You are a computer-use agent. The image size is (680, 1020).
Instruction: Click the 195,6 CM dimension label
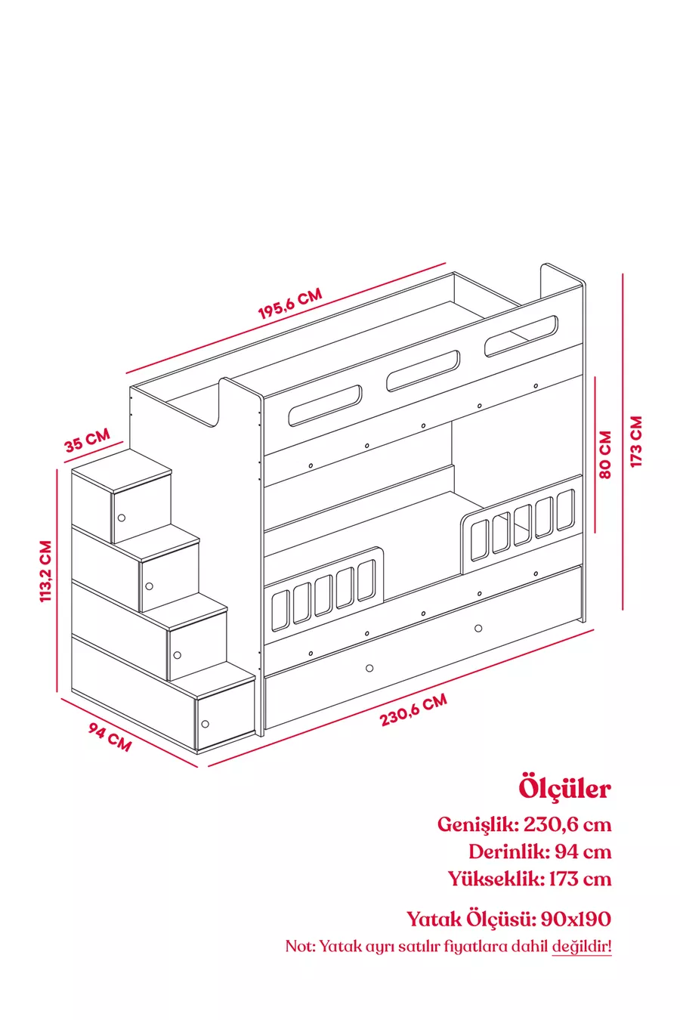click(290, 303)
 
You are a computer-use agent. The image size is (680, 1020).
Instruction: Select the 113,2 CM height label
click(46, 571)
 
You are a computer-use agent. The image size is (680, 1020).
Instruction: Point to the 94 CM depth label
click(110, 737)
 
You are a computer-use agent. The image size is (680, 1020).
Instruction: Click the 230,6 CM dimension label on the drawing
click(413, 710)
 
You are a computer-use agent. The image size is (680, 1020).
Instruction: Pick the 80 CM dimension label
click(605, 455)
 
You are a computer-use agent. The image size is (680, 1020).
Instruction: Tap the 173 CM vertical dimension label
click(636, 441)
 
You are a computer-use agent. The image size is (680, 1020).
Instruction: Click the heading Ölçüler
click(564, 788)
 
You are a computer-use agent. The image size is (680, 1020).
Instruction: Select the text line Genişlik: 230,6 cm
click(524, 824)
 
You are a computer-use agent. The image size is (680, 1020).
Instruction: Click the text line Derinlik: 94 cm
click(539, 852)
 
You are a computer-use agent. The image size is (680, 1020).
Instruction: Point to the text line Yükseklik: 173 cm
click(529, 879)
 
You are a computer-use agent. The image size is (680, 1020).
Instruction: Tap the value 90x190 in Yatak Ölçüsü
click(576, 919)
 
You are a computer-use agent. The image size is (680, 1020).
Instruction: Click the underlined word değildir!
click(581, 946)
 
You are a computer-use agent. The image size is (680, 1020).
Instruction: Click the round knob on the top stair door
click(121, 518)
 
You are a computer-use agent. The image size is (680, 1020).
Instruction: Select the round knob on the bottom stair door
click(206, 723)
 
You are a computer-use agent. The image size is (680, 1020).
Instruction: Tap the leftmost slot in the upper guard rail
click(325, 405)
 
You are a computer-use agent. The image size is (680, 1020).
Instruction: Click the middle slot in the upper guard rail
click(423, 370)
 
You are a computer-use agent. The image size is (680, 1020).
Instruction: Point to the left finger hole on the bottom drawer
click(369, 668)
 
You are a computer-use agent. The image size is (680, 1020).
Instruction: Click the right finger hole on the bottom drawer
click(479, 628)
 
